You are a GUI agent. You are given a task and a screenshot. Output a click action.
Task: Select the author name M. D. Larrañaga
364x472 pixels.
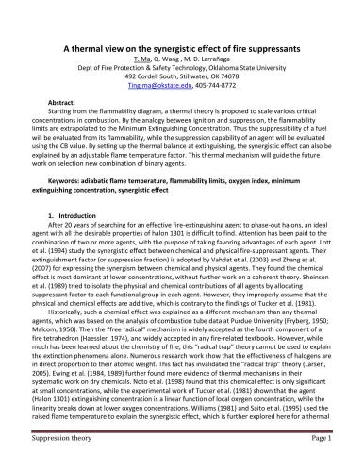204,60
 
